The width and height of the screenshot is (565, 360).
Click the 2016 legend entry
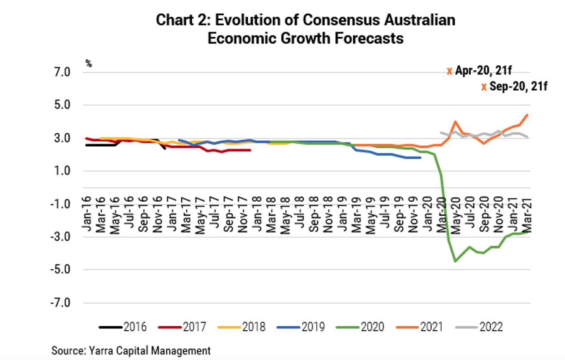click(x=123, y=327)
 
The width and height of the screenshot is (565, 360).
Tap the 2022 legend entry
click(x=479, y=327)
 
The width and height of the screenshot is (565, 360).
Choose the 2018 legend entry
click(x=242, y=327)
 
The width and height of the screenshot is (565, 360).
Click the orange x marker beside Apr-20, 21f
click(x=449, y=71)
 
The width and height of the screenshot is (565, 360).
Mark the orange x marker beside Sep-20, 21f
click(x=484, y=87)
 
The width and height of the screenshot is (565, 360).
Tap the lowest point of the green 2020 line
click(x=455, y=261)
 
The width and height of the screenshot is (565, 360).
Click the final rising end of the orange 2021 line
click(x=527, y=115)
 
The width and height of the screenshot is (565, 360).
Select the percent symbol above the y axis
click(x=88, y=64)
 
